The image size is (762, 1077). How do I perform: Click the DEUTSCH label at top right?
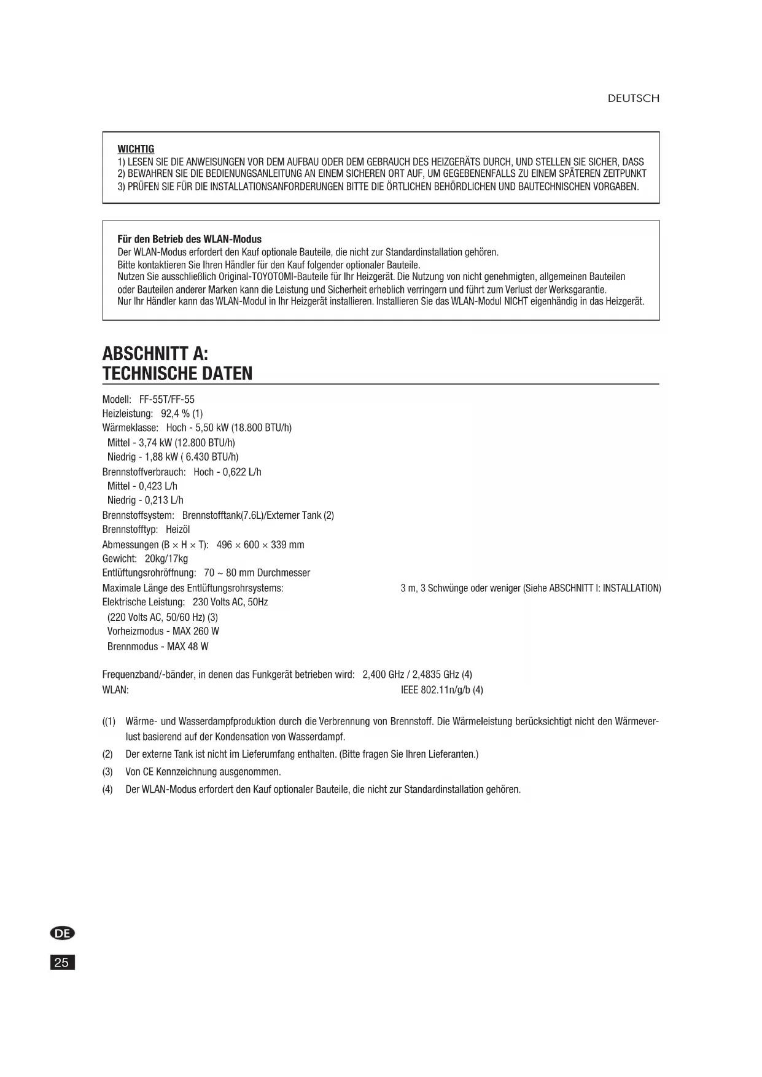pos(633,98)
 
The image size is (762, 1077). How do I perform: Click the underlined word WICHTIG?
pos(136,149)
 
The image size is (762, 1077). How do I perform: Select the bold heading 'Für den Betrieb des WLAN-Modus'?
pos(189,239)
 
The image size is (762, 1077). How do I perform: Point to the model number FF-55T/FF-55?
pos(167,399)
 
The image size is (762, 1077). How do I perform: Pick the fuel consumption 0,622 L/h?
pos(242,472)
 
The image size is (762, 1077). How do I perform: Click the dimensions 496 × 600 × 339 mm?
pos(260,545)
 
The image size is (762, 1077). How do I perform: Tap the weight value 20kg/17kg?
pos(166,559)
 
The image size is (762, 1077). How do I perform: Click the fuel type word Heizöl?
pos(178,530)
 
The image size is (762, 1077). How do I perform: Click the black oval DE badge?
pos(62,933)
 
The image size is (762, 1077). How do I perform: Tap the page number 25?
pos(62,962)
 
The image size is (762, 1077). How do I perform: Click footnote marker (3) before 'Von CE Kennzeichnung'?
pos(107,772)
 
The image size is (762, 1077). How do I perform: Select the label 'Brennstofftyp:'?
pos(130,530)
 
